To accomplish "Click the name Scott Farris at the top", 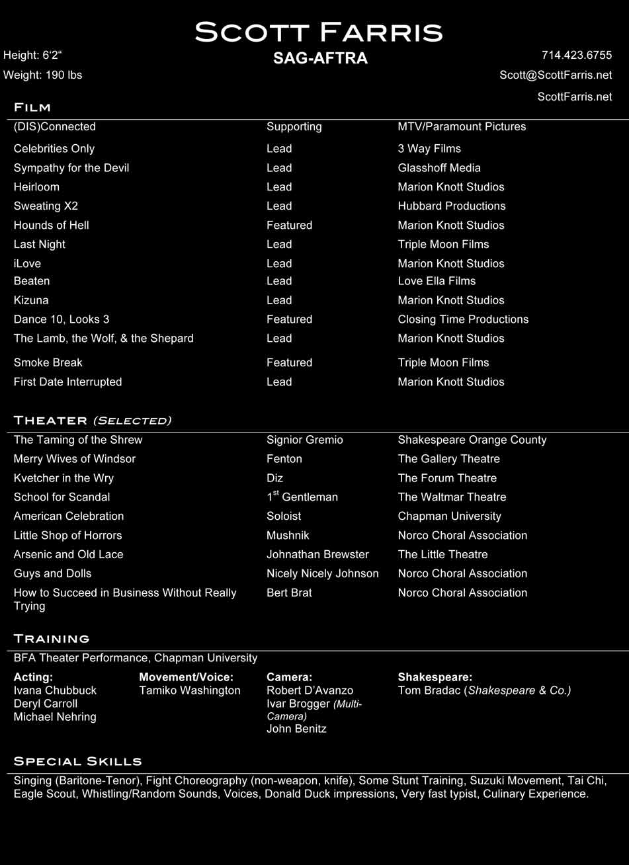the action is point(318,32).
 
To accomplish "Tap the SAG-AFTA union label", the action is point(320,58).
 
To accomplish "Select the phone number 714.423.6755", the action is point(576,55).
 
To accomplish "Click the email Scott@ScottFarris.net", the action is point(556,75).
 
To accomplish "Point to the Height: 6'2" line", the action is point(32,55).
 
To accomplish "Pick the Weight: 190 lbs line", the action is point(42,75).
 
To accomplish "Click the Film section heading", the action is point(32,107).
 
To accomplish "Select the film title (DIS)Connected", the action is point(54,126).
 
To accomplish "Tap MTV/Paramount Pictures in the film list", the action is point(462,126).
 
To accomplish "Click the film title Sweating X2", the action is point(46,206).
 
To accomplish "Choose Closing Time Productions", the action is point(463,319).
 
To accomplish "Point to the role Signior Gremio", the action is point(304,440).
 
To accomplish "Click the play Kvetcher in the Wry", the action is point(63,478).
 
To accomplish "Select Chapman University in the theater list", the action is point(449,516).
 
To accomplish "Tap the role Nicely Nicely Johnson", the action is point(322,573).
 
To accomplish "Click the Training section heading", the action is point(52,639).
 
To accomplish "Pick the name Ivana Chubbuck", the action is point(55,690).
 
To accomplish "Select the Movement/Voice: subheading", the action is point(186,677).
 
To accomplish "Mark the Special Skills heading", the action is point(77,761).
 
